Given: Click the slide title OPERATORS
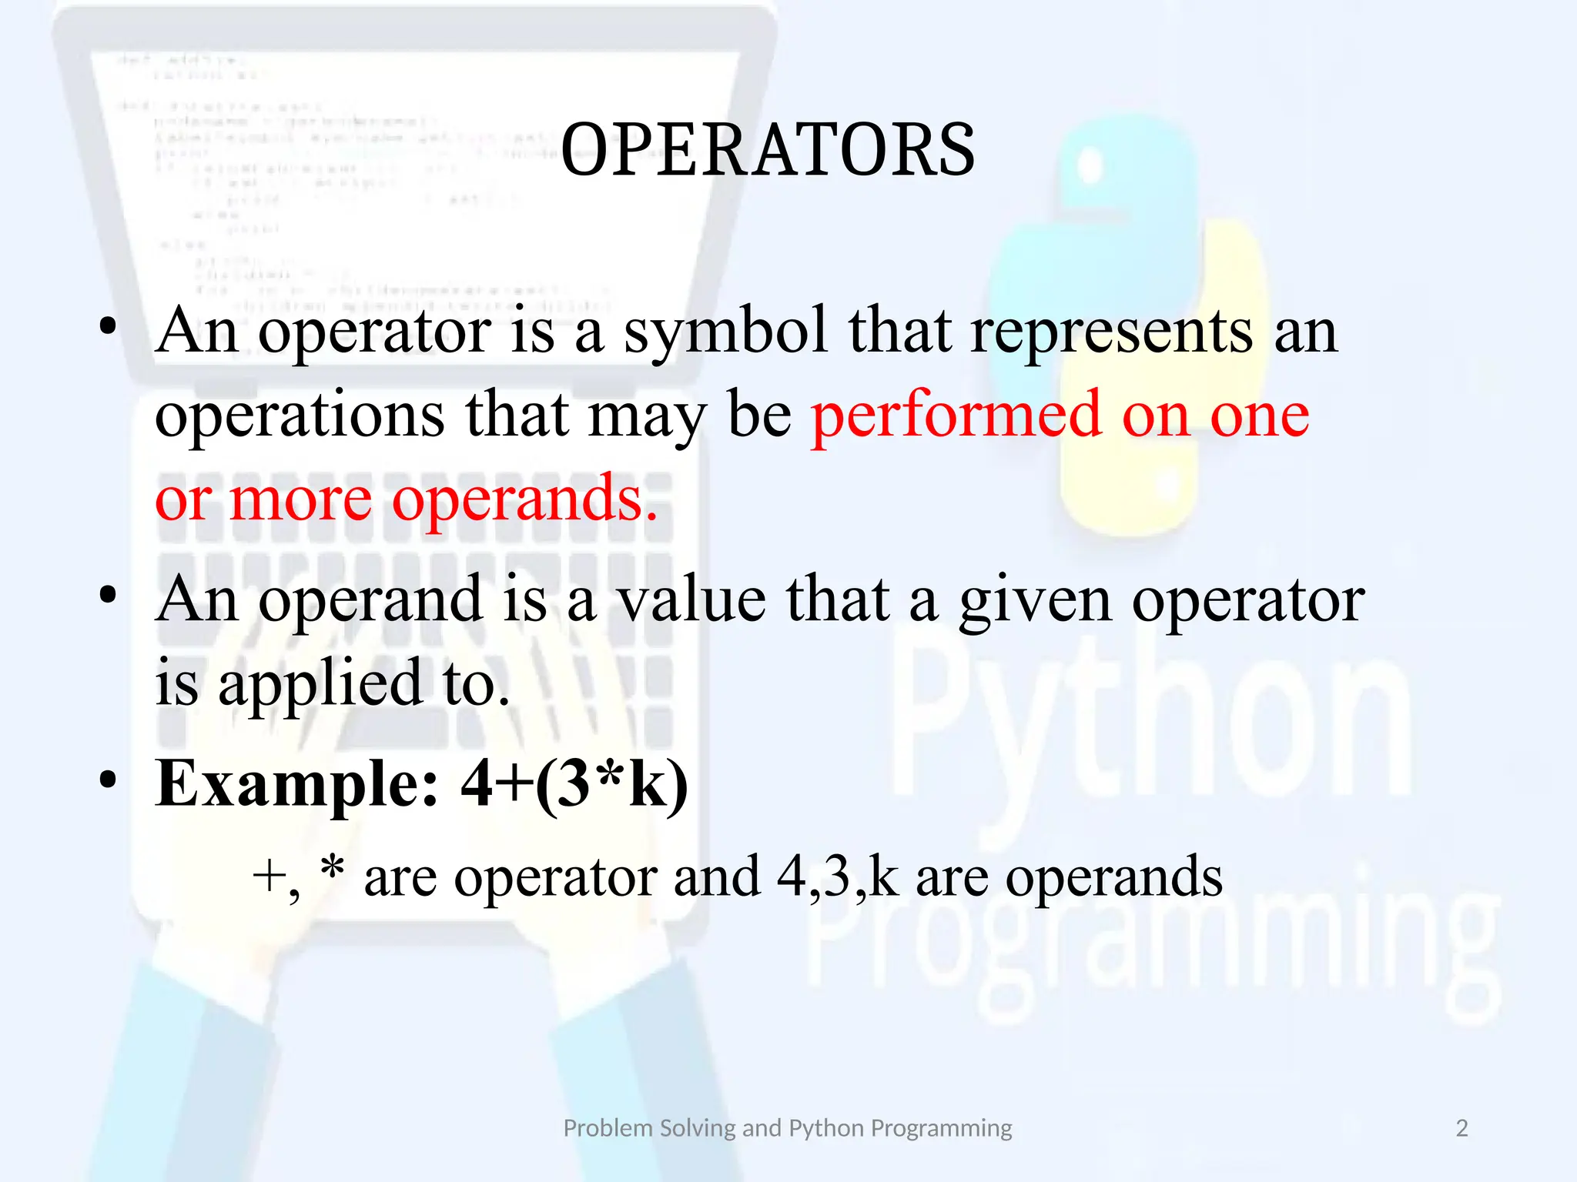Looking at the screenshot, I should pos(768,150).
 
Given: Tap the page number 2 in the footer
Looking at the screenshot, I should pos(1461,1128).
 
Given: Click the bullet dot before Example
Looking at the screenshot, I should pos(108,780).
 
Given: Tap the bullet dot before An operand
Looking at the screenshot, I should pos(108,595).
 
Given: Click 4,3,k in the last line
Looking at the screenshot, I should pos(837,877).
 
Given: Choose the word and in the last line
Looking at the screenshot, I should pos(716,877).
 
